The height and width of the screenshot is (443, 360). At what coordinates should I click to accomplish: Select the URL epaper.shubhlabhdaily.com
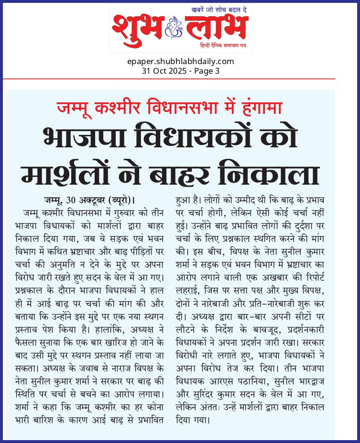(x=180, y=61)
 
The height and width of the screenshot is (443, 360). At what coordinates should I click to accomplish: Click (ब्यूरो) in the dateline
(x=111, y=199)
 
